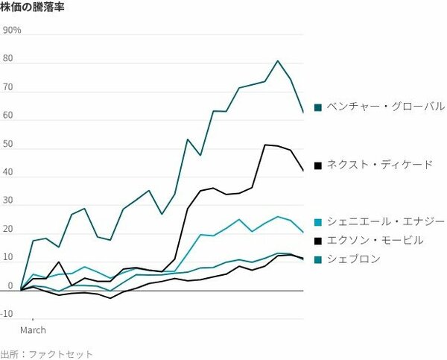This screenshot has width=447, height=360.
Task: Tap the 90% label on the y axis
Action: pyautogui.click(x=13, y=31)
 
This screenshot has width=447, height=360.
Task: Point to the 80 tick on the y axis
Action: pyautogui.click(x=9, y=59)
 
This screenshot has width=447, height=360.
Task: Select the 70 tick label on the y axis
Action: pyautogui.click(x=9, y=87)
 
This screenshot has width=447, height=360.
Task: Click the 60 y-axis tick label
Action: pyautogui.click(x=9, y=116)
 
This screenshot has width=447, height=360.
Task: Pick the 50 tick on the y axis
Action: pyautogui.click(x=9, y=145)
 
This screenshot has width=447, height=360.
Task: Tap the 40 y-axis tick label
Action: pyautogui.click(x=9, y=173)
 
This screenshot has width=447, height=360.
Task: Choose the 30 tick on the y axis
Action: pyautogui.click(x=9, y=201)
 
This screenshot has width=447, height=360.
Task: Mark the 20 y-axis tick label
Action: pyautogui.click(x=9, y=230)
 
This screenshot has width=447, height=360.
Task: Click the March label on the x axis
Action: pyautogui.click(x=33, y=329)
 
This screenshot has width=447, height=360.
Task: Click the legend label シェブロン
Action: pyautogui.click(x=354, y=259)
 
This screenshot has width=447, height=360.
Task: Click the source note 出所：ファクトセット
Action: pyautogui.click(x=47, y=354)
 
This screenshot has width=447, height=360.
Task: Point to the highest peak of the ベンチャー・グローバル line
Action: pyautogui.click(x=278, y=61)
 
